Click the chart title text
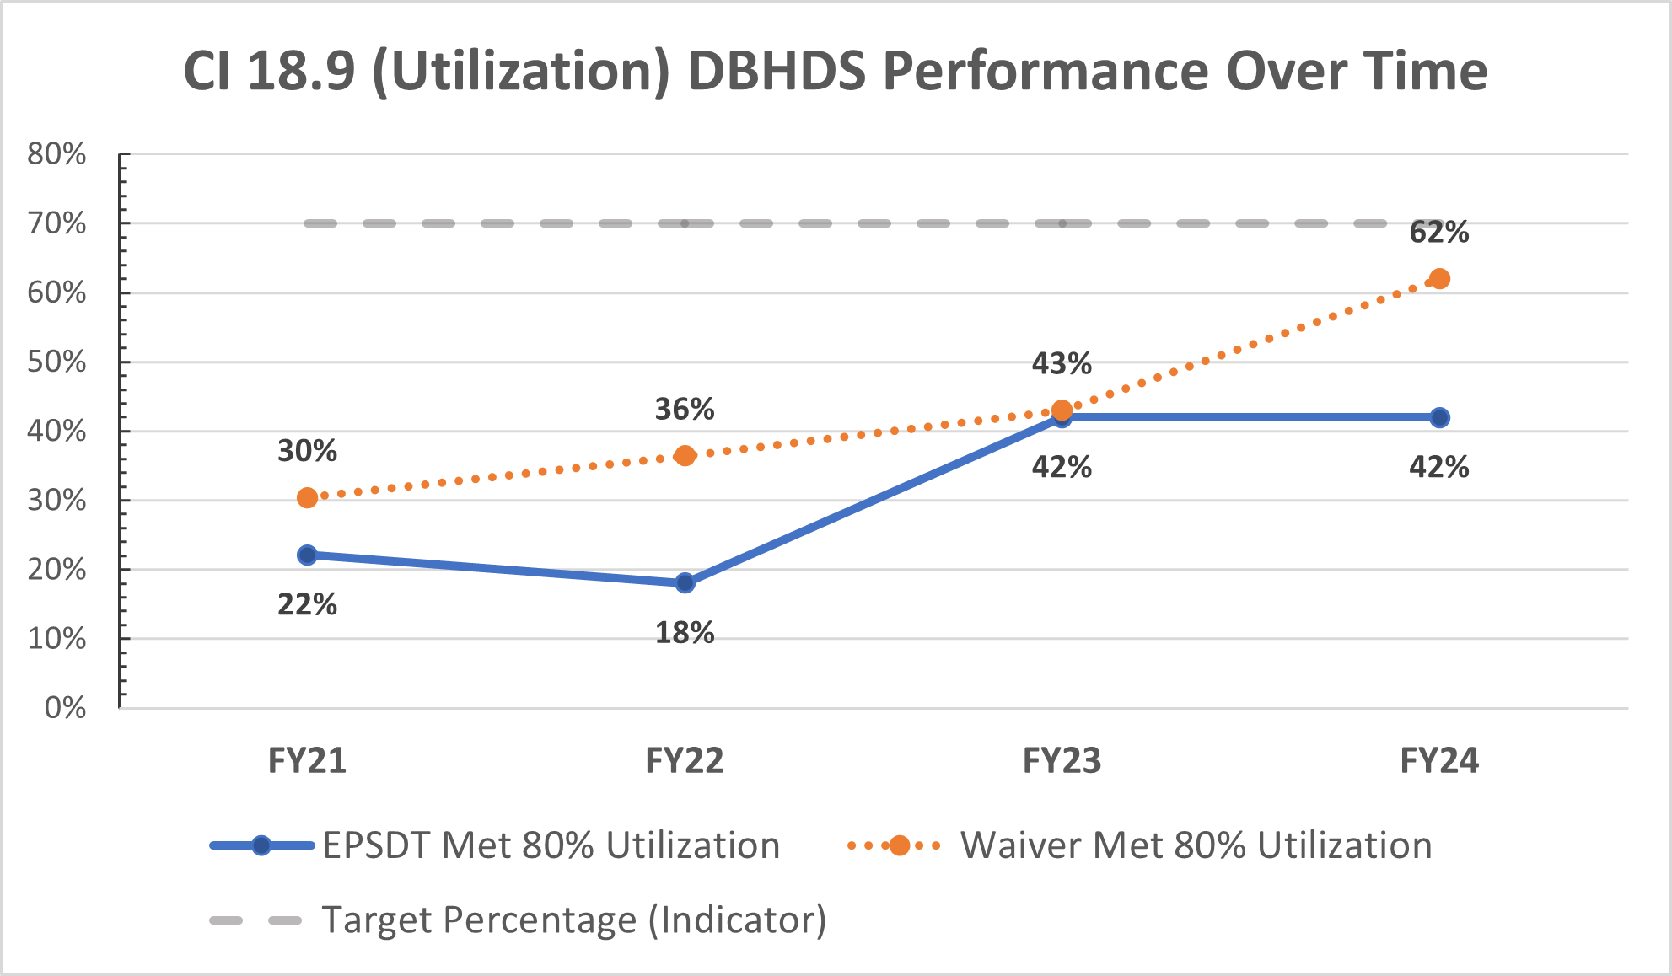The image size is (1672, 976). pos(835,72)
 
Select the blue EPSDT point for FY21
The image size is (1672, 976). pos(307,555)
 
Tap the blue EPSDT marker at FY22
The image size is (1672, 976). pos(685,582)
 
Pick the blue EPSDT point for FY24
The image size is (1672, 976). pos(1439,417)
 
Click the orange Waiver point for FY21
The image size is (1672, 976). pos(307,498)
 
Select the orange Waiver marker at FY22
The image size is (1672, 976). pos(685,456)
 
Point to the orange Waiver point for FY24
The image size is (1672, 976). pos(1439,279)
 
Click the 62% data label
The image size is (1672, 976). pos(1438,233)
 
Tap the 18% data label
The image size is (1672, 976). pos(685,633)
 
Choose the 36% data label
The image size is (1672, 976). pos(685,410)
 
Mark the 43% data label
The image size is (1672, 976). pos(1062,364)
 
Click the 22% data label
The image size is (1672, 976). pos(307,604)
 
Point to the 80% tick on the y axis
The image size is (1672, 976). pos(56,154)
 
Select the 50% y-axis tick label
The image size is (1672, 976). pos(56,362)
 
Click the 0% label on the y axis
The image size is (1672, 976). pos(65,708)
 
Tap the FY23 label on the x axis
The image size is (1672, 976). pos(1062,761)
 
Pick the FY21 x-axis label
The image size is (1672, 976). pos(307,761)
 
